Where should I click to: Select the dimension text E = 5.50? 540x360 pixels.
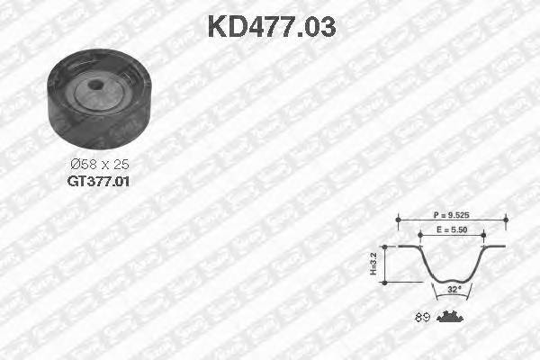[x=450, y=231]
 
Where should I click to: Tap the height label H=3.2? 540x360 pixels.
[x=374, y=264]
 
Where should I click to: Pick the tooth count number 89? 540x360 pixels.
[x=421, y=317]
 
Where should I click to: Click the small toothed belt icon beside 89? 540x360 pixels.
[x=449, y=316]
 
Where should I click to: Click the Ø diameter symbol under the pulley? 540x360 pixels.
[x=76, y=166]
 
